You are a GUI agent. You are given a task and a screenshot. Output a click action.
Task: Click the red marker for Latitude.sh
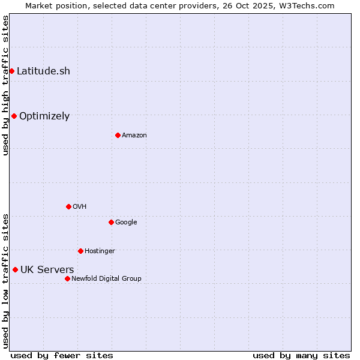pos(11,71)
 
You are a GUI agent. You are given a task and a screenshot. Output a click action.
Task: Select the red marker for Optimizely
pos(14,116)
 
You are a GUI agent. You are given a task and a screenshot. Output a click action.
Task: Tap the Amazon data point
pos(118,135)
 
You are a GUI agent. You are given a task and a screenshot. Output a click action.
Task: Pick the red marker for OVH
pos(68,206)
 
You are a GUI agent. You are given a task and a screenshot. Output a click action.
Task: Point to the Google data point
pos(111,222)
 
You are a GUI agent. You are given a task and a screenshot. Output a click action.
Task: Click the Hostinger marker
pos(80,251)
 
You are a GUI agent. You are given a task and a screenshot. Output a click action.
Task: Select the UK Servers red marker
pos(15,269)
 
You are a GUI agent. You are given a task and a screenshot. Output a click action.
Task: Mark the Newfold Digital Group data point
pos(67,278)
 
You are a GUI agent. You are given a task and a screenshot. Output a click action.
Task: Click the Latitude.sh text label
pos(43,71)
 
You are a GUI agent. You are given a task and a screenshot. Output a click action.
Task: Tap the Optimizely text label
pos(44,116)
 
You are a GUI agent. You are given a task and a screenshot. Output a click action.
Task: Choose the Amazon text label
pos(134,135)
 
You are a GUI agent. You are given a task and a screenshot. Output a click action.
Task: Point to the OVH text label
pos(80,206)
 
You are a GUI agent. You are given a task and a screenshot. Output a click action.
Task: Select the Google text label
pos(126,222)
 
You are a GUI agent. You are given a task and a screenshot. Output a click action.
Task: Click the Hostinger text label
pos(100,251)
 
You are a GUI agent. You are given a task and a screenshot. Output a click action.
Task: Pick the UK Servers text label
pos(47,269)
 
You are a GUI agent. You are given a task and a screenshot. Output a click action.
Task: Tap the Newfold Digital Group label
pos(106,278)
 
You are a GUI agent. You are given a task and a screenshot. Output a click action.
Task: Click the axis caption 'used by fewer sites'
pos(62,355)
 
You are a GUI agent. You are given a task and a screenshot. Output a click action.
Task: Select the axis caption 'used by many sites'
pos(301,355)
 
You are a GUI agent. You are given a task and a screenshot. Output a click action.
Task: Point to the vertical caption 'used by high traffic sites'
pos(5,85)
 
